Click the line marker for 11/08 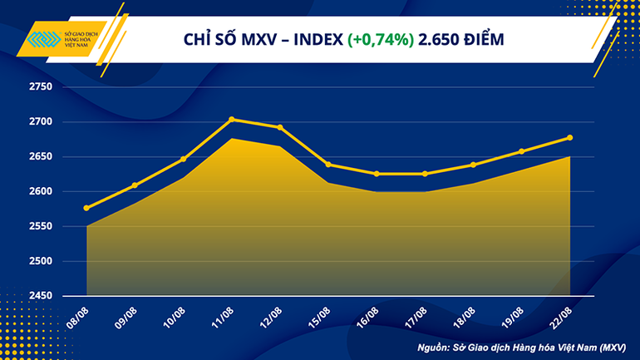click(x=231, y=120)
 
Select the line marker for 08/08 click(x=86, y=208)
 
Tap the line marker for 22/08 click(x=569, y=138)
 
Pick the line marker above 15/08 click(x=327, y=165)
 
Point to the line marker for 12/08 click(x=279, y=127)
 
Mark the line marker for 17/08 click(x=424, y=174)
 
